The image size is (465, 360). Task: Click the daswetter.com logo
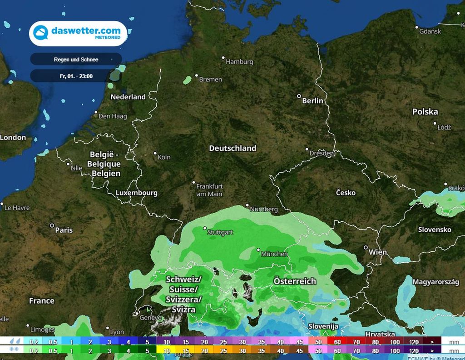tap(78, 33)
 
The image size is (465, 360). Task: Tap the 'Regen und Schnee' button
tap(76, 60)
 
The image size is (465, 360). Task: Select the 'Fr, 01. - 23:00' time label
tap(76, 76)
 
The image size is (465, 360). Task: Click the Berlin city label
tap(312, 100)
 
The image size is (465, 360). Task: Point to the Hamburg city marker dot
tap(223, 58)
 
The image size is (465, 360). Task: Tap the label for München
tap(274, 254)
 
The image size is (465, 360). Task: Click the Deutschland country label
tap(232, 148)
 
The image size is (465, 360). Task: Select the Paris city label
tap(64, 230)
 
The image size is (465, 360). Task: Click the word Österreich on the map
tap(294, 281)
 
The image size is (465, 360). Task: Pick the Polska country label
tap(425, 112)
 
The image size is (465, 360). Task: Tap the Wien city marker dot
tap(366, 248)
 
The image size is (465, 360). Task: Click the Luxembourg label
tap(136, 193)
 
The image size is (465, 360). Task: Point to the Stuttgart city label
tap(220, 232)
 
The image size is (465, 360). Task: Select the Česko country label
tap(346, 193)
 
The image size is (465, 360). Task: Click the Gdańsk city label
tap(430, 31)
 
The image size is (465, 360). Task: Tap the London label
tap(13, 137)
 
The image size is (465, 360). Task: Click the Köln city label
tap(164, 157)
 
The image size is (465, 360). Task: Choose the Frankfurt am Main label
tap(209, 190)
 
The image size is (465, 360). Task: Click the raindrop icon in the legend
tap(16, 341)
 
